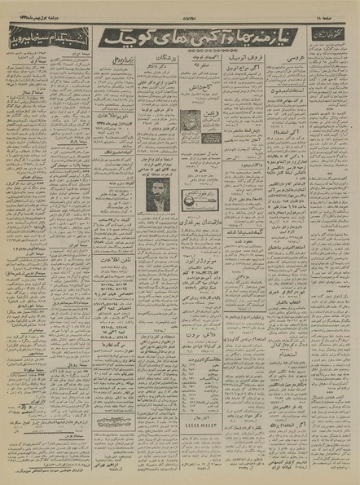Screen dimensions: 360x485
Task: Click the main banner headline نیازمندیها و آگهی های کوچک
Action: (x=199, y=37)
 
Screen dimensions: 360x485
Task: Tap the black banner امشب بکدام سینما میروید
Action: (x=46, y=37)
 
